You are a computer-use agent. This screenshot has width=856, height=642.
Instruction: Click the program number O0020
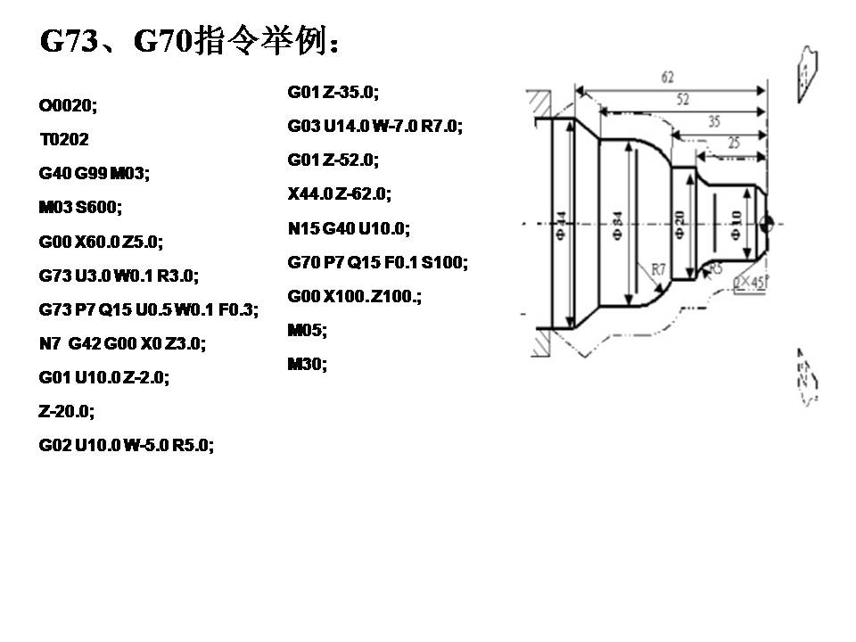pos(68,105)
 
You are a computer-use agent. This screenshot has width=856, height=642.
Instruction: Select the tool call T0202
pos(64,139)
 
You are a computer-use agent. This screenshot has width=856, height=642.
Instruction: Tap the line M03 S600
pos(80,207)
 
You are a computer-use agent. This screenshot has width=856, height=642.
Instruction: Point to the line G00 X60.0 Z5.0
pos(102,241)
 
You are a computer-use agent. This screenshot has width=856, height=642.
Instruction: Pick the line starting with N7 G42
pos(122,342)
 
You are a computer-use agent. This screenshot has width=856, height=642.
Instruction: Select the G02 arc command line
pos(127,444)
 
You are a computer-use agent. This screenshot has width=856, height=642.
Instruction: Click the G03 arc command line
pos(374,126)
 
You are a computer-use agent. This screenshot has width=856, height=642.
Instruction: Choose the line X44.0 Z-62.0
pos(340,193)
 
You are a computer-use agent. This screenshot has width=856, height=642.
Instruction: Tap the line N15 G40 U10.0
pos(349,228)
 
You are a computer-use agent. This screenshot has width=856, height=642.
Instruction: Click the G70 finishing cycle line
pos(377,262)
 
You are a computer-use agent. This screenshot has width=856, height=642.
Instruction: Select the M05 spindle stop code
pos(308,330)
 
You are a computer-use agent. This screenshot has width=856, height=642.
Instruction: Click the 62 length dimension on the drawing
pos(667,78)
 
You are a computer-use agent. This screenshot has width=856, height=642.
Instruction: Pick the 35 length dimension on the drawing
pos(714,122)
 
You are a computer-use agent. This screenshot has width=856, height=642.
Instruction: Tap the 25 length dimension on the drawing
pos(733,143)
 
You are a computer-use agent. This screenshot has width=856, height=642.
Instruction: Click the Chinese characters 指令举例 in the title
pos(264,41)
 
